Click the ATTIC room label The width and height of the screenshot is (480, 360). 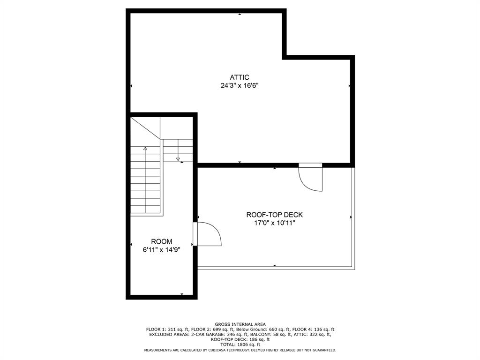click(239, 77)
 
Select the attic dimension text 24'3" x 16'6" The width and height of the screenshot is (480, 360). click(240, 86)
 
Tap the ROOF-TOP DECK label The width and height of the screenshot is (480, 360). click(275, 215)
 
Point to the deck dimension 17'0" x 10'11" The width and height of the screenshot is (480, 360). click(275, 223)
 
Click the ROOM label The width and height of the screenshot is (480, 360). click(161, 241)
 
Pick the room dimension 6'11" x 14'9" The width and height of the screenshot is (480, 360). click(161, 250)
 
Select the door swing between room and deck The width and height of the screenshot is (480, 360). click(209, 234)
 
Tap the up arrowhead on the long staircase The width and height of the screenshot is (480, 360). click(145, 149)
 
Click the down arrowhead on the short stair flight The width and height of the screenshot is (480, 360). click(178, 159)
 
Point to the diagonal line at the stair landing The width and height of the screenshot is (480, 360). click(145, 128)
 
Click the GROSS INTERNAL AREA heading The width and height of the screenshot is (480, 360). click(240, 324)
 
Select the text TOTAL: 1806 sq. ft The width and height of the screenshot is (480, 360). click(240, 345)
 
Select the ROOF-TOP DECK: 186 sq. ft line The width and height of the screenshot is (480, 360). click(240, 339)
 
